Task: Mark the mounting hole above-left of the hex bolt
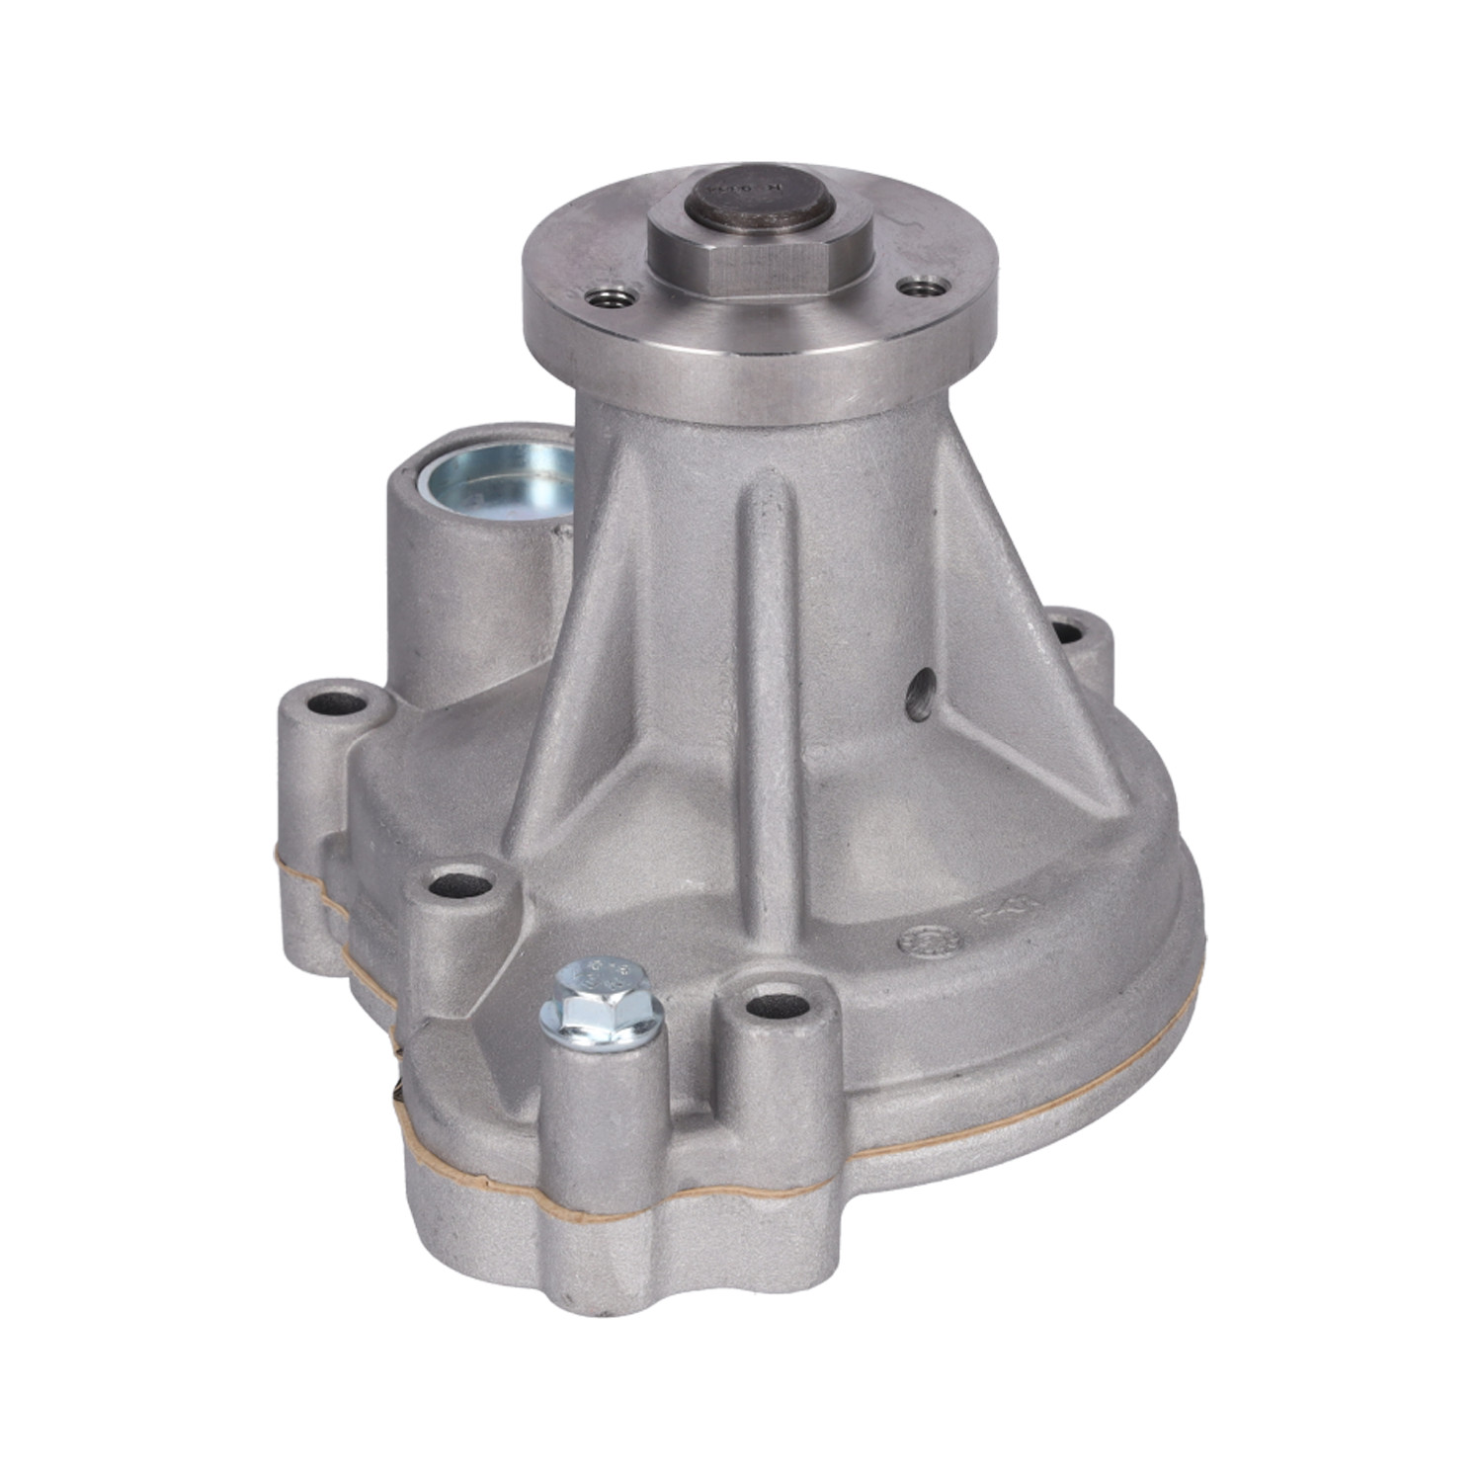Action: click(x=456, y=882)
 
